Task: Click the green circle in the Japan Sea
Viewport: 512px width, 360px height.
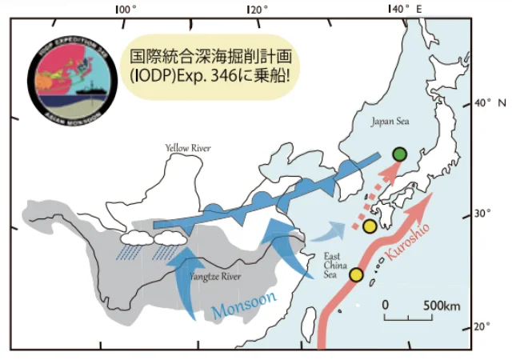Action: point(401,154)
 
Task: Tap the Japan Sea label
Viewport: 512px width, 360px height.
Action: point(388,122)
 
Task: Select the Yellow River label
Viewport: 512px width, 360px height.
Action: point(187,148)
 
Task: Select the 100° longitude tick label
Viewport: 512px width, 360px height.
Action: point(126,9)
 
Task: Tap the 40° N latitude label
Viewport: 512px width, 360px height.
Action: point(485,104)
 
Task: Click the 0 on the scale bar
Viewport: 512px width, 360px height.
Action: point(385,306)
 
